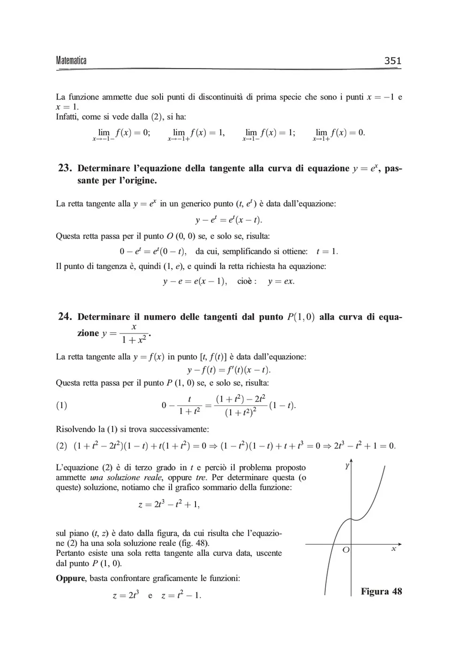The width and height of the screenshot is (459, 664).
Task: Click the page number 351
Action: pos(392,60)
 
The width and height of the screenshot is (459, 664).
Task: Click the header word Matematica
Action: pos(71,60)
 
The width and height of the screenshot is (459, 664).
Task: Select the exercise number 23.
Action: pos(65,168)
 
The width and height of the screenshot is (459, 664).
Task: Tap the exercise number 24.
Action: pos(65,316)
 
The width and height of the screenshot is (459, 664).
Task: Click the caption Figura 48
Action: pos(381,591)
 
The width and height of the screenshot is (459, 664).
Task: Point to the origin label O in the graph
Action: pos(346,550)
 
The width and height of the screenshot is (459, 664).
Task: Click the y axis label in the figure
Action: pos(347,465)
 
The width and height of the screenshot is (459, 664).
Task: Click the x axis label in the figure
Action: pos(394,548)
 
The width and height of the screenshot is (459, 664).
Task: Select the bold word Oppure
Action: pos(70,578)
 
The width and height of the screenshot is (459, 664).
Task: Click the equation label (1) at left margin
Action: pos(61,405)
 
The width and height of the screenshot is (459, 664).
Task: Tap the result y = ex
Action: pos(281,281)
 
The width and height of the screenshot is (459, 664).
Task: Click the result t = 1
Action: pos(327,251)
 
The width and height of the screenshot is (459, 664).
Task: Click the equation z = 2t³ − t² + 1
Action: pos(169,505)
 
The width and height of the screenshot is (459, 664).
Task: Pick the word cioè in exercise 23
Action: pos(246,281)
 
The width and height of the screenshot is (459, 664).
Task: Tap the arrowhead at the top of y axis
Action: pos(351,462)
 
